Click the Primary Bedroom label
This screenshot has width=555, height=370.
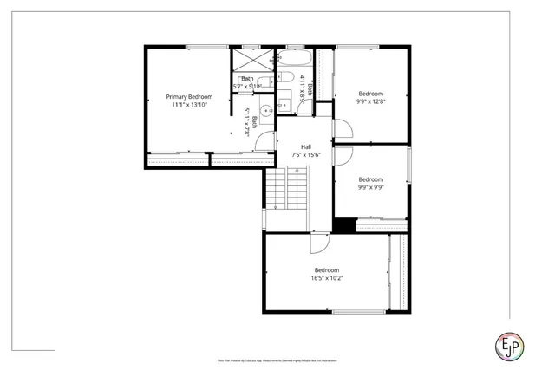point(190,96)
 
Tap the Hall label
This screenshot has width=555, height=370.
point(306,147)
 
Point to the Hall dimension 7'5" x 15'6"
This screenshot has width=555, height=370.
point(306,155)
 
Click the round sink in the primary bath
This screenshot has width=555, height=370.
point(267,110)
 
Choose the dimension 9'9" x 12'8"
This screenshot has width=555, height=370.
point(370,101)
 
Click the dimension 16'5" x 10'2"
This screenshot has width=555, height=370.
point(327,278)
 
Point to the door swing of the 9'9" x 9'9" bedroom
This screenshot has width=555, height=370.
point(343,159)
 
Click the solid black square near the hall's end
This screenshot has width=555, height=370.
point(344,224)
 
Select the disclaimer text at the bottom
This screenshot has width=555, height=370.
point(277,358)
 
